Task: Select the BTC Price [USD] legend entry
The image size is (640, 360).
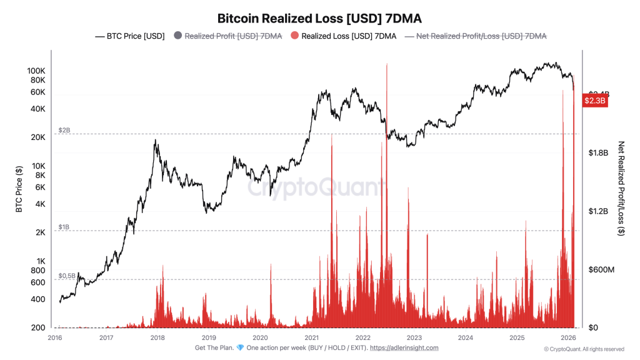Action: (130, 36)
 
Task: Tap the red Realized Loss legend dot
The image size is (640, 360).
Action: (294, 36)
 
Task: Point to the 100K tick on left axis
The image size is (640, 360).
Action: (36, 71)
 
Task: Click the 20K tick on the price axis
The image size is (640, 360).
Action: (37, 137)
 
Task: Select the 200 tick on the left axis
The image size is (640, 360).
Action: (37, 327)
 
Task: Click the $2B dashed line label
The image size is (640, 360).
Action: (64, 130)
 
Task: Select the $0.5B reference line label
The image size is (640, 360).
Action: (67, 275)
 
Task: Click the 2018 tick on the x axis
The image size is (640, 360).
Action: (157, 337)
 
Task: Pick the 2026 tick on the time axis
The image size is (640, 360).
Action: (567, 337)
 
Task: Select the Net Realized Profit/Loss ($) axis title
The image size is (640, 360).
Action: (621, 187)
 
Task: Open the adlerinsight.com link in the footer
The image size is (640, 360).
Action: (404, 348)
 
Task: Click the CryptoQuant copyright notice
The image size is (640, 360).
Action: (583, 349)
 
